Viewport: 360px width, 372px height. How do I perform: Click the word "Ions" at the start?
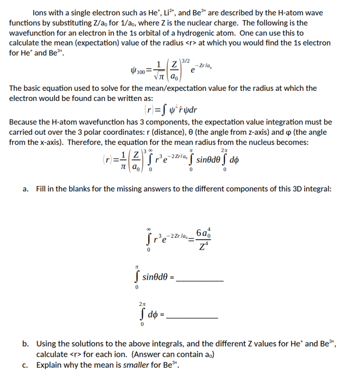(x=41, y=12)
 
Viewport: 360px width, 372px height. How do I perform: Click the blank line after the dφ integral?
(x=194, y=317)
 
